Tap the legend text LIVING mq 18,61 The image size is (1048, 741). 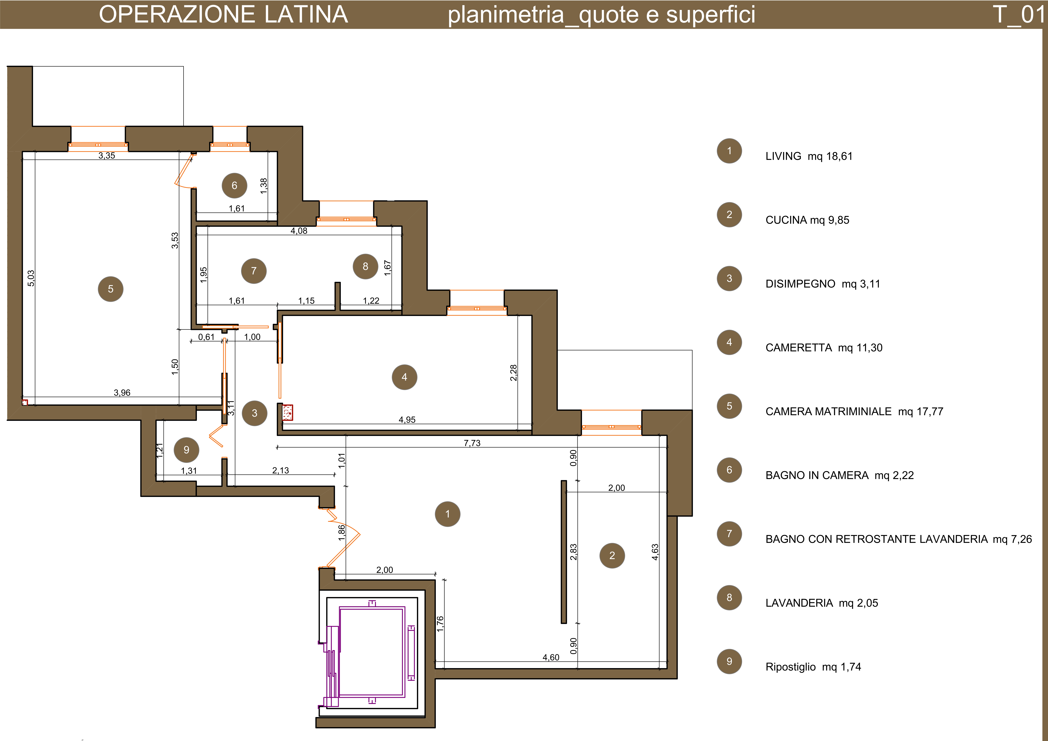pyautogui.click(x=809, y=156)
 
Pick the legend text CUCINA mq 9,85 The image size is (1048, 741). pyautogui.click(x=807, y=220)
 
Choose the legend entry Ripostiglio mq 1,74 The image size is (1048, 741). pyautogui.click(x=813, y=667)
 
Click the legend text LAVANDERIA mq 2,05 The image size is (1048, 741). pyautogui.click(x=822, y=603)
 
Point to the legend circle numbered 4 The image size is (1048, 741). pyautogui.click(x=729, y=342)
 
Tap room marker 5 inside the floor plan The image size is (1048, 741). pyautogui.click(x=110, y=289)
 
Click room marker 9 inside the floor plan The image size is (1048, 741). pyautogui.click(x=186, y=450)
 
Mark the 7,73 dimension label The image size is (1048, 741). pyautogui.click(x=472, y=443)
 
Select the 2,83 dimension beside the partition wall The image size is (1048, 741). pyautogui.click(x=573, y=552)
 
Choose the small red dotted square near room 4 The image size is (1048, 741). pyautogui.click(x=288, y=412)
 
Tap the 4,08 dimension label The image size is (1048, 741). pyautogui.click(x=299, y=231)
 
